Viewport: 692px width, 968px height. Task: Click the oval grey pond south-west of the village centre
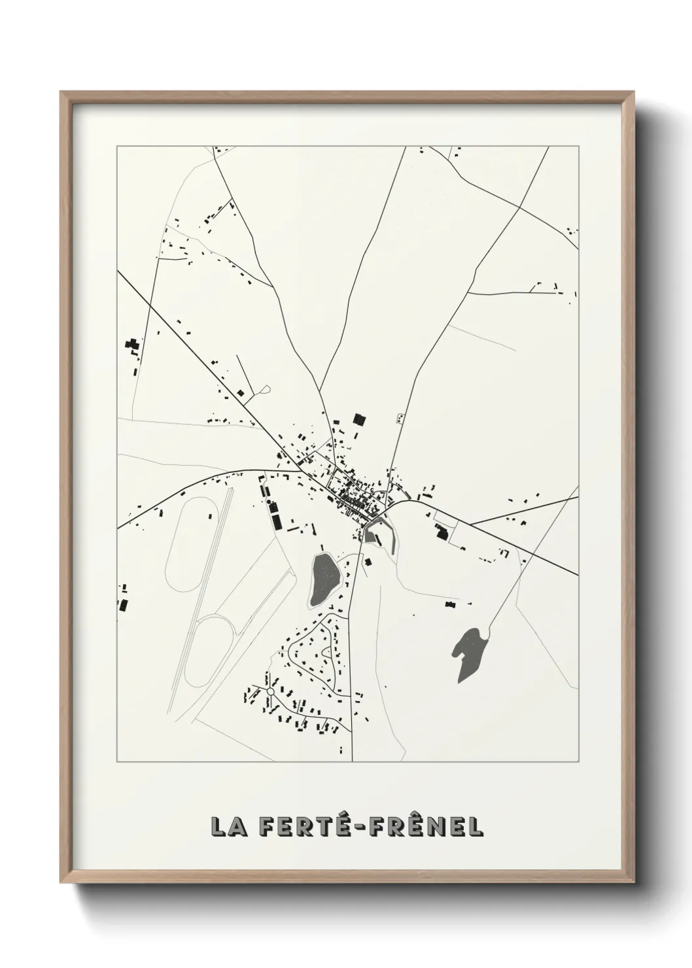[x=324, y=578]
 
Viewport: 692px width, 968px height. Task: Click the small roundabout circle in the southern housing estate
[x=269, y=691]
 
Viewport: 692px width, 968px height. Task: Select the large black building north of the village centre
[x=358, y=419]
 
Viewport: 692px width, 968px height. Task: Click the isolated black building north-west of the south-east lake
[x=450, y=604]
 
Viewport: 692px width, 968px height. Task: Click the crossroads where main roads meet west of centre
[x=299, y=470]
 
